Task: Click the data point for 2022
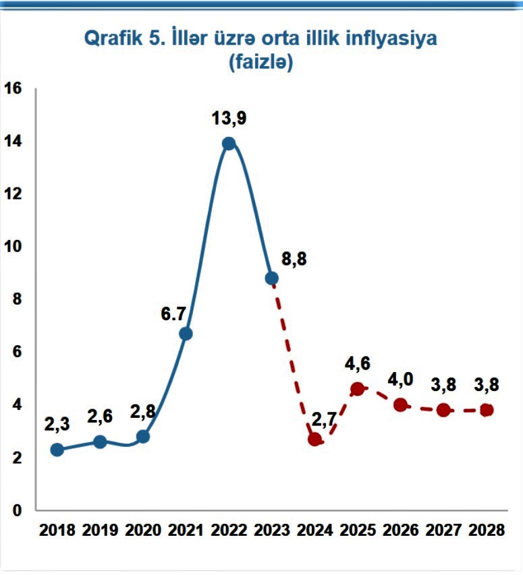click(x=229, y=144)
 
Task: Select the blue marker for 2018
click(x=57, y=450)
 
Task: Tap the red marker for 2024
click(x=314, y=440)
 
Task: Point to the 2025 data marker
click(x=358, y=389)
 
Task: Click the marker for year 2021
click(x=186, y=334)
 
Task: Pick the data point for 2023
click(x=272, y=278)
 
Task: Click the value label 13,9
click(x=229, y=119)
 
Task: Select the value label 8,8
click(x=294, y=260)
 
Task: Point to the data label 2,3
click(x=57, y=425)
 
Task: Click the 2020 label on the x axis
click(x=143, y=530)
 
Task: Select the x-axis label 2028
click(x=487, y=530)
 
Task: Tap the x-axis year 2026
click(x=401, y=530)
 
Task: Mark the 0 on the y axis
click(x=17, y=510)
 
